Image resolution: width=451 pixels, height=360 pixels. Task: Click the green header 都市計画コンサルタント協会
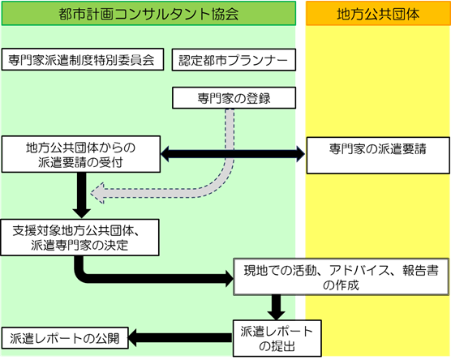148,13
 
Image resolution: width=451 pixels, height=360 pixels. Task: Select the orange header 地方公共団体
378,13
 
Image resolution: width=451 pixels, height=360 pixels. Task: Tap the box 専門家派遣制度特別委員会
83,59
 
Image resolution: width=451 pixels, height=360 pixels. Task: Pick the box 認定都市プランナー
234,60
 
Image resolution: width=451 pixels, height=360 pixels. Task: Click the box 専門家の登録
234,98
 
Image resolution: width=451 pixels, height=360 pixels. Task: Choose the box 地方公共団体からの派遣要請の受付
81,154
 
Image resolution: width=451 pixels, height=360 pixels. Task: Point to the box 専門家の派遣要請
378,156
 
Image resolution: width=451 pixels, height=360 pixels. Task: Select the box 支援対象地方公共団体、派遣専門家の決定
79,238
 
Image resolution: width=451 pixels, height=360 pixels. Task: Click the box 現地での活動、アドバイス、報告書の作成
341,276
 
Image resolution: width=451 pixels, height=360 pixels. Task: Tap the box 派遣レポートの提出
277,338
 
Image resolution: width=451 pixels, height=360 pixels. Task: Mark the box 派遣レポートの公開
65,338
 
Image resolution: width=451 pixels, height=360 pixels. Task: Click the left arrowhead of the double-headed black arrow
165,154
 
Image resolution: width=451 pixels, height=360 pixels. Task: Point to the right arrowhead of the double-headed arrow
300,154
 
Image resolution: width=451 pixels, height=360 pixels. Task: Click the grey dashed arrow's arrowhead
97,193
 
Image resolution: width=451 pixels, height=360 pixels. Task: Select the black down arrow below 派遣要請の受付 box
82,195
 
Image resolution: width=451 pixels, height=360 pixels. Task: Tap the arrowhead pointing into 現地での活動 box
230,279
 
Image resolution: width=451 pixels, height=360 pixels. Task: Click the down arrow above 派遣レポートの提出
276,307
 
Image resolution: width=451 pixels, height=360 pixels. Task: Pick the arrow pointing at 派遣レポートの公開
180,338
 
